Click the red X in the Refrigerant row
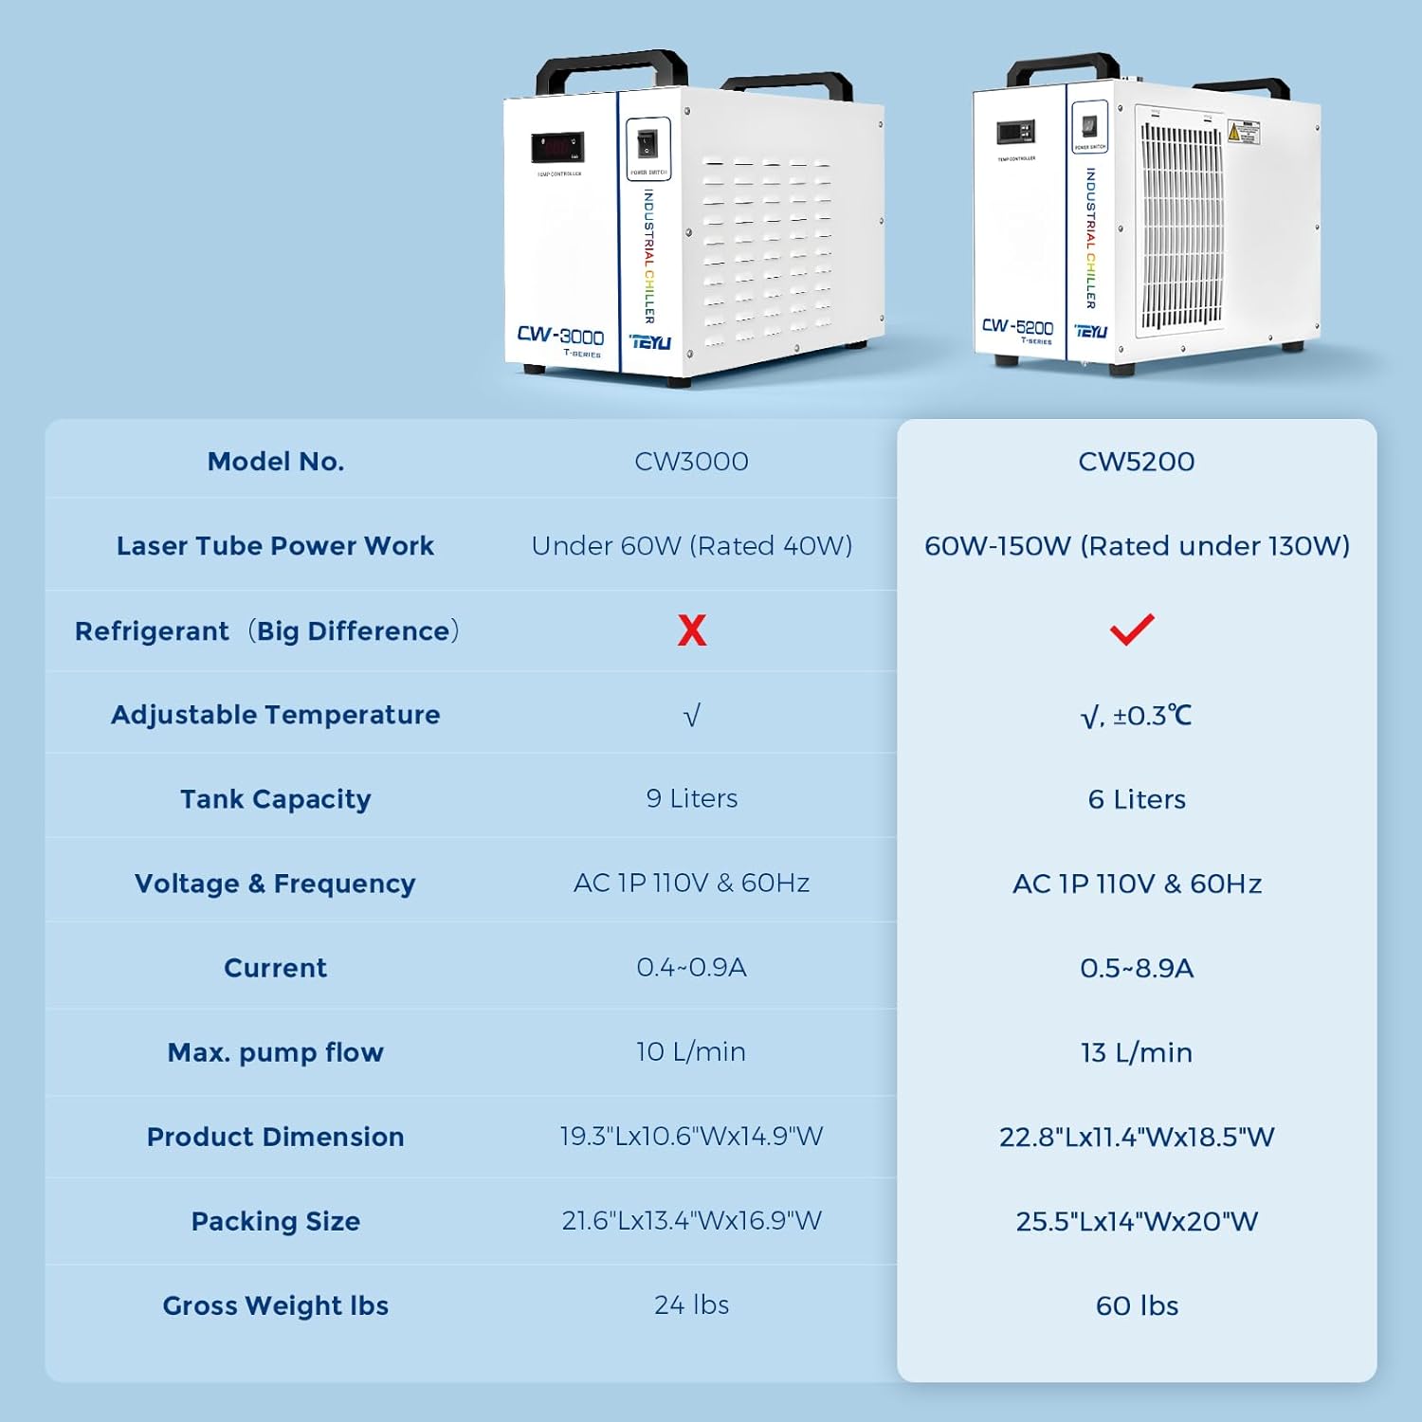(x=692, y=629)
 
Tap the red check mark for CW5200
(x=1132, y=629)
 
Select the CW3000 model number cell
(x=691, y=462)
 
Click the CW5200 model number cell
(x=1137, y=462)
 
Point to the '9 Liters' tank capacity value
(x=691, y=798)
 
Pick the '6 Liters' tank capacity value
(x=1137, y=799)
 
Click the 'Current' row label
(x=275, y=968)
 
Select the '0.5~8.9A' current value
(x=1137, y=968)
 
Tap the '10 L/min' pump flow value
(x=691, y=1051)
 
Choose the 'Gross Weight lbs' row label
(x=275, y=1305)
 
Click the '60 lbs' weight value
(x=1137, y=1305)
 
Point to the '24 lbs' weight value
(x=691, y=1304)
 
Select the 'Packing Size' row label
(x=275, y=1221)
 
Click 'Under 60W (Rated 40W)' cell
(x=691, y=546)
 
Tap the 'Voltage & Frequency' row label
(x=275, y=884)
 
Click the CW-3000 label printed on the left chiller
(x=560, y=337)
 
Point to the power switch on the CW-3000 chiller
(x=648, y=143)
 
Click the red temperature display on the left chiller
(x=557, y=148)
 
